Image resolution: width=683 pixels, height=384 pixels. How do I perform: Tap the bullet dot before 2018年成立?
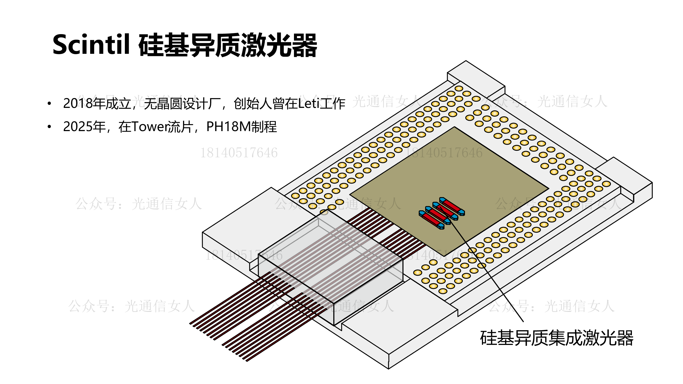[x=49, y=104]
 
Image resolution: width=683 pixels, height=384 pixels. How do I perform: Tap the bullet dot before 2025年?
[x=49, y=127]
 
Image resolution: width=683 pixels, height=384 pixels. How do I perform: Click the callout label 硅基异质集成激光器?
[x=557, y=338]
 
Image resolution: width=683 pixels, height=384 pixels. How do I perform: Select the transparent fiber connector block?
[x=331, y=262]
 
